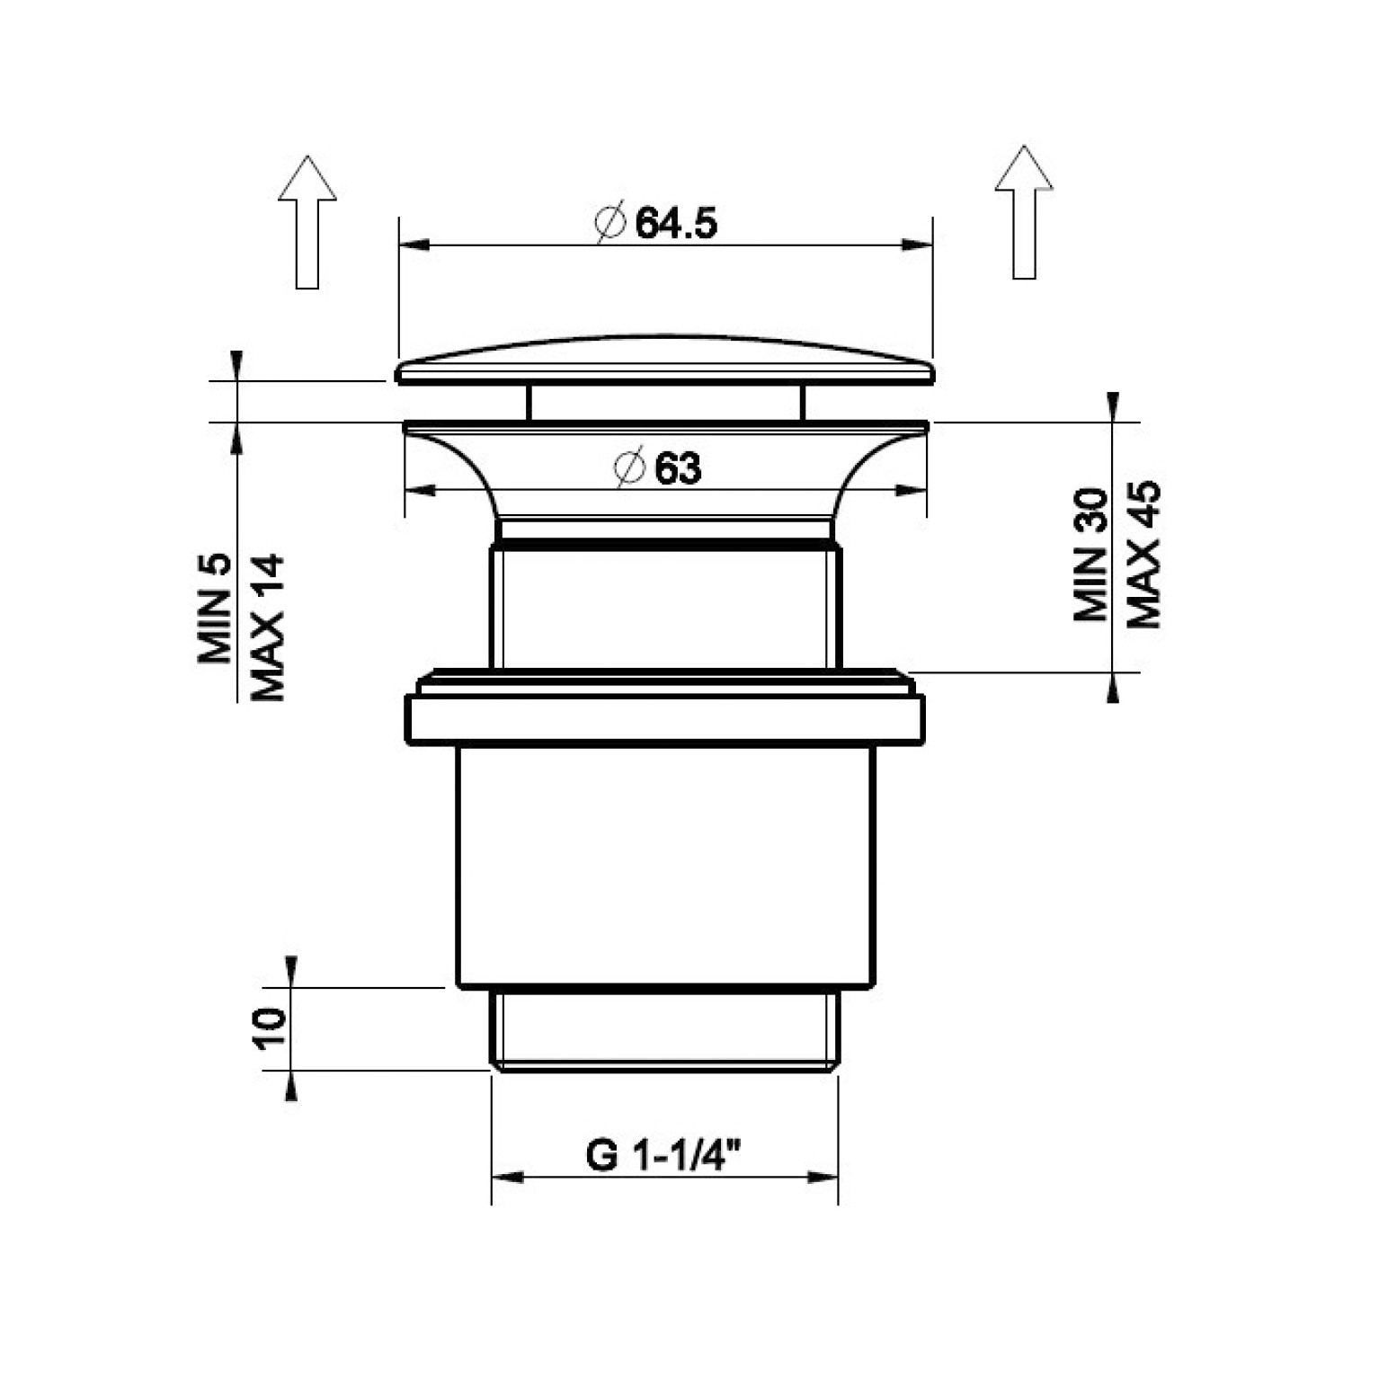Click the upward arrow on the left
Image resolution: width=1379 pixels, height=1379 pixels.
[307, 221]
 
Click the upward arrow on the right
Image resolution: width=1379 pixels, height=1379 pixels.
[1024, 212]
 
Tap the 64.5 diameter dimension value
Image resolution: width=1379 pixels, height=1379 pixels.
[676, 223]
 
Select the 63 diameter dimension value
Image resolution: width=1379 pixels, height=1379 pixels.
[678, 468]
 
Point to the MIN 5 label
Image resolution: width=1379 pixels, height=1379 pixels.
[215, 609]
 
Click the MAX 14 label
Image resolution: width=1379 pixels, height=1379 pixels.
[267, 627]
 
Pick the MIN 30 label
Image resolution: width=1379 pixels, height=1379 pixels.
[1091, 555]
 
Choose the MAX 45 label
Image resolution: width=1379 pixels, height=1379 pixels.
[1143, 555]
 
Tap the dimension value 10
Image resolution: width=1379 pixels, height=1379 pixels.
[269, 1028]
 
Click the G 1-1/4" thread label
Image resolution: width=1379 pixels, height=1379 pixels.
[663, 1155]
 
